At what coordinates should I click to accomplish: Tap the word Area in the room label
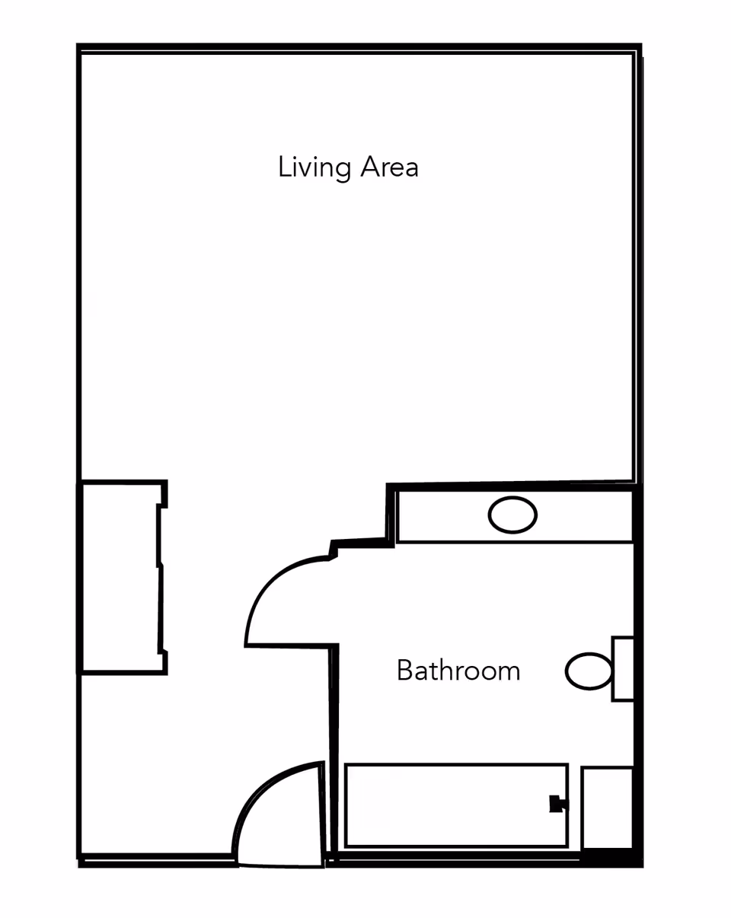[x=389, y=167]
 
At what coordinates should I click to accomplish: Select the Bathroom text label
[x=458, y=671]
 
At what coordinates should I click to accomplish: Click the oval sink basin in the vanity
[x=512, y=515]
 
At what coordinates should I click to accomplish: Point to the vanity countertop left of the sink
[x=442, y=517]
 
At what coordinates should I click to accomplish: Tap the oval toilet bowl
[x=589, y=671]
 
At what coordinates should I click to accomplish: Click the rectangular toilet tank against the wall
[x=623, y=668]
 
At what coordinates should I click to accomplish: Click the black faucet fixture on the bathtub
[x=557, y=804]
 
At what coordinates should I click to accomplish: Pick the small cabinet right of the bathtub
[x=607, y=807]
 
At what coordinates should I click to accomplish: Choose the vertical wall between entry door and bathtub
[x=332, y=754]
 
